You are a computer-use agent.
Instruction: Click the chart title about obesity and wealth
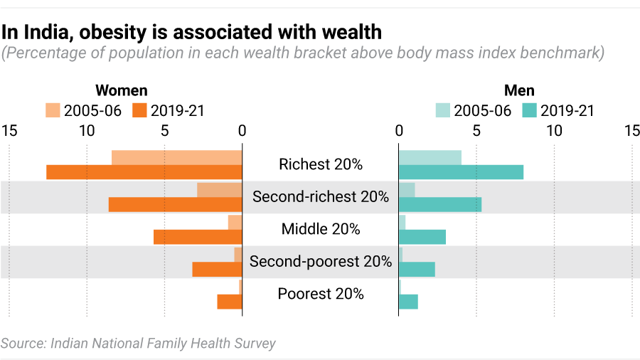pyautogui.click(x=191, y=32)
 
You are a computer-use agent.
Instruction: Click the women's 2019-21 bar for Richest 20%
pyautogui.click(x=144, y=172)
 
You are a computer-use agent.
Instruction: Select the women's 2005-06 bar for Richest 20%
pyautogui.click(x=176, y=157)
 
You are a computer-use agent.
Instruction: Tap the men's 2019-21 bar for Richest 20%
pyautogui.click(x=461, y=172)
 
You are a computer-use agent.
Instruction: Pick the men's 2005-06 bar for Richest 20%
pyautogui.click(x=430, y=157)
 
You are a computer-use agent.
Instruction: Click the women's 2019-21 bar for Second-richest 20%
pyautogui.click(x=175, y=205)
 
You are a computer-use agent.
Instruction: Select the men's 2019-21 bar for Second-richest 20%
pyautogui.click(x=439, y=205)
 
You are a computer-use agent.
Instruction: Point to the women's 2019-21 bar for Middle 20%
pyautogui.click(x=198, y=237)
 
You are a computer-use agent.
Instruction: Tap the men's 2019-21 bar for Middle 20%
pyautogui.click(x=422, y=237)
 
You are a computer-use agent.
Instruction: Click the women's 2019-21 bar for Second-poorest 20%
pyautogui.click(x=217, y=270)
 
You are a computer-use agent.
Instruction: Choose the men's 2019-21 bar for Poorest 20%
pyautogui.click(x=408, y=302)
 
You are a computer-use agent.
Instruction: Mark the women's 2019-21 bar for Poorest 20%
pyautogui.click(x=230, y=302)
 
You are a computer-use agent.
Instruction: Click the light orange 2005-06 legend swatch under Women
pyautogui.click(x=53, y=110)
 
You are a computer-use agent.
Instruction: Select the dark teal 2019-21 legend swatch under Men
pyautogui.click(x=529, y=110)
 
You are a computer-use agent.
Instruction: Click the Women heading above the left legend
pyautogui.click(x=122, y=90)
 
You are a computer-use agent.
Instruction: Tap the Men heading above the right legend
pyautogui.click(x=519, y=90)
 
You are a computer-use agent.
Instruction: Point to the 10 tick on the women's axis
pyautogui.click(x=87, y=131)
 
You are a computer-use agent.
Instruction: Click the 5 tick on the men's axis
pyautogui.click(x=476, y=131)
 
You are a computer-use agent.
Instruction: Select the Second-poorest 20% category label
pyautogui.click(x=321, y=262)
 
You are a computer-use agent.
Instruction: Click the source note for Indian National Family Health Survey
pyautogui.click(x=138, y=343)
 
